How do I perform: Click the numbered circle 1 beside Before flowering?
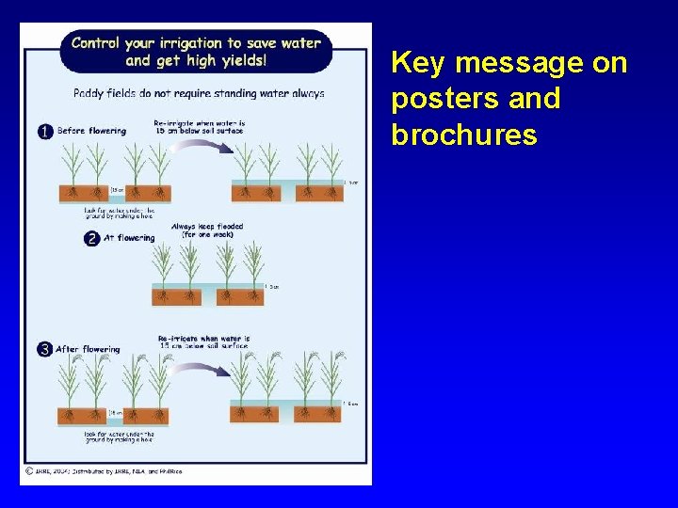[44, 132]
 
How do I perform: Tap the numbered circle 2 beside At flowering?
[92, 239]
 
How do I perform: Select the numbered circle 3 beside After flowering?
[44, 349]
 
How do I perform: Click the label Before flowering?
[91, 131]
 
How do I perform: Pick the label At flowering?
[136, 238]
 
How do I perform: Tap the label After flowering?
[89, 349]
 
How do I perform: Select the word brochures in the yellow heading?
[464, 135]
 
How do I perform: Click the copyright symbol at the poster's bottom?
[29, 469]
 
